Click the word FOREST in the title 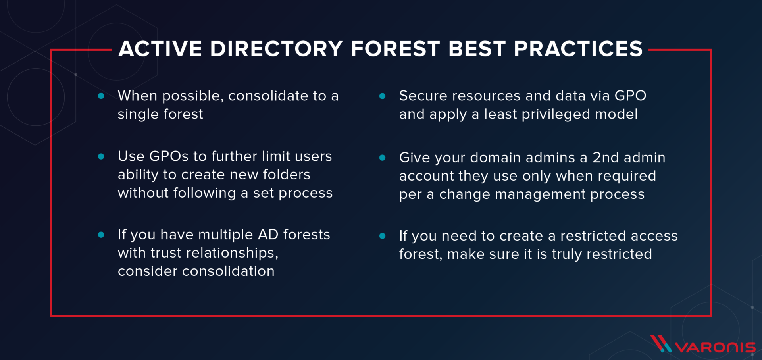pos(395,49)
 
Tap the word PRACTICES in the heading pos(578,49)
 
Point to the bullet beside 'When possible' pos(101,96)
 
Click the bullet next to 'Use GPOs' pos(101,156)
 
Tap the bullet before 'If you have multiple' pos(101,235)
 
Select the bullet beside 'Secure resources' pos(383,96)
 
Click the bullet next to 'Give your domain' pos(383,158)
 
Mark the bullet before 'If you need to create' pos(383,236)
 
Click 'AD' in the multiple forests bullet pos(268,235)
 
